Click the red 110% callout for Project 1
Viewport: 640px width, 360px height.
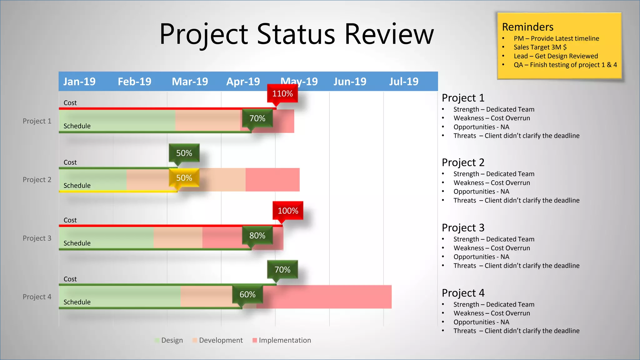pos(282,93)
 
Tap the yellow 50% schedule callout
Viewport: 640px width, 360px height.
pos(184,178)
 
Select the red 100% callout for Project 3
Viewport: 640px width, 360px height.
pos(288,211)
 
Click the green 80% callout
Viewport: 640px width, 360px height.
pos(257,236)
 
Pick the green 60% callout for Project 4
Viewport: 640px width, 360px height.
pos(247,294)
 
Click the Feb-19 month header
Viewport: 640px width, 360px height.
pos(134,82)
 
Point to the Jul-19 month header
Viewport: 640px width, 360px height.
pos(403,82)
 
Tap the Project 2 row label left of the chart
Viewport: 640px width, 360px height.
pos(37,180)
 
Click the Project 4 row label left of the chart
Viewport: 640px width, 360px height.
pos(37,297)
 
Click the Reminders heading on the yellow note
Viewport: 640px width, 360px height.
pos(527,27)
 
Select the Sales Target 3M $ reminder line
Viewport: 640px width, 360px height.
pos(540,47)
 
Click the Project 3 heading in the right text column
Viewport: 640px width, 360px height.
pos(463,227)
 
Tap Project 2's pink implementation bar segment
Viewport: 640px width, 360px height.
pos(272,180)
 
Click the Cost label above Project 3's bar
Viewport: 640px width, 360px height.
pos(70,220)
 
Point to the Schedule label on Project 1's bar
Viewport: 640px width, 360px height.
pos(77,126)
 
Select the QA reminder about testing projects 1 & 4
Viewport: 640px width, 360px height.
pos(565,65)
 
